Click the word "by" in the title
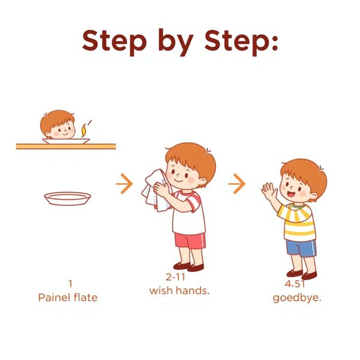(x=176, y=43)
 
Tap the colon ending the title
(x=275, y=42)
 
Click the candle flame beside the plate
(x=84, y=131)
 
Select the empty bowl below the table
(x=67, y=199)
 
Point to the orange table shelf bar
(x=66, y=146)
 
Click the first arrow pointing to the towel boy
(x=124, y=184)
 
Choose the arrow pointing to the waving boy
(x=237, y=184)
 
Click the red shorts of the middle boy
(x=190, y=241)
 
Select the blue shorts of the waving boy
(x=301, y=248)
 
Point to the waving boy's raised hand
(x=269, y=191)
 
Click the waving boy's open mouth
(x=291, y=194)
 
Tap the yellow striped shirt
(x=296, y=222)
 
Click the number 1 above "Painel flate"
(x=70, y=284)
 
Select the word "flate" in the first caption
(x=86, y=298)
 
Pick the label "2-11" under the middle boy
(x=175, y=277)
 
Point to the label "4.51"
(x=295, y=284)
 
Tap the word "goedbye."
(x=296, y=298)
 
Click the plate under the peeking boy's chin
(x=66, y=141)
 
